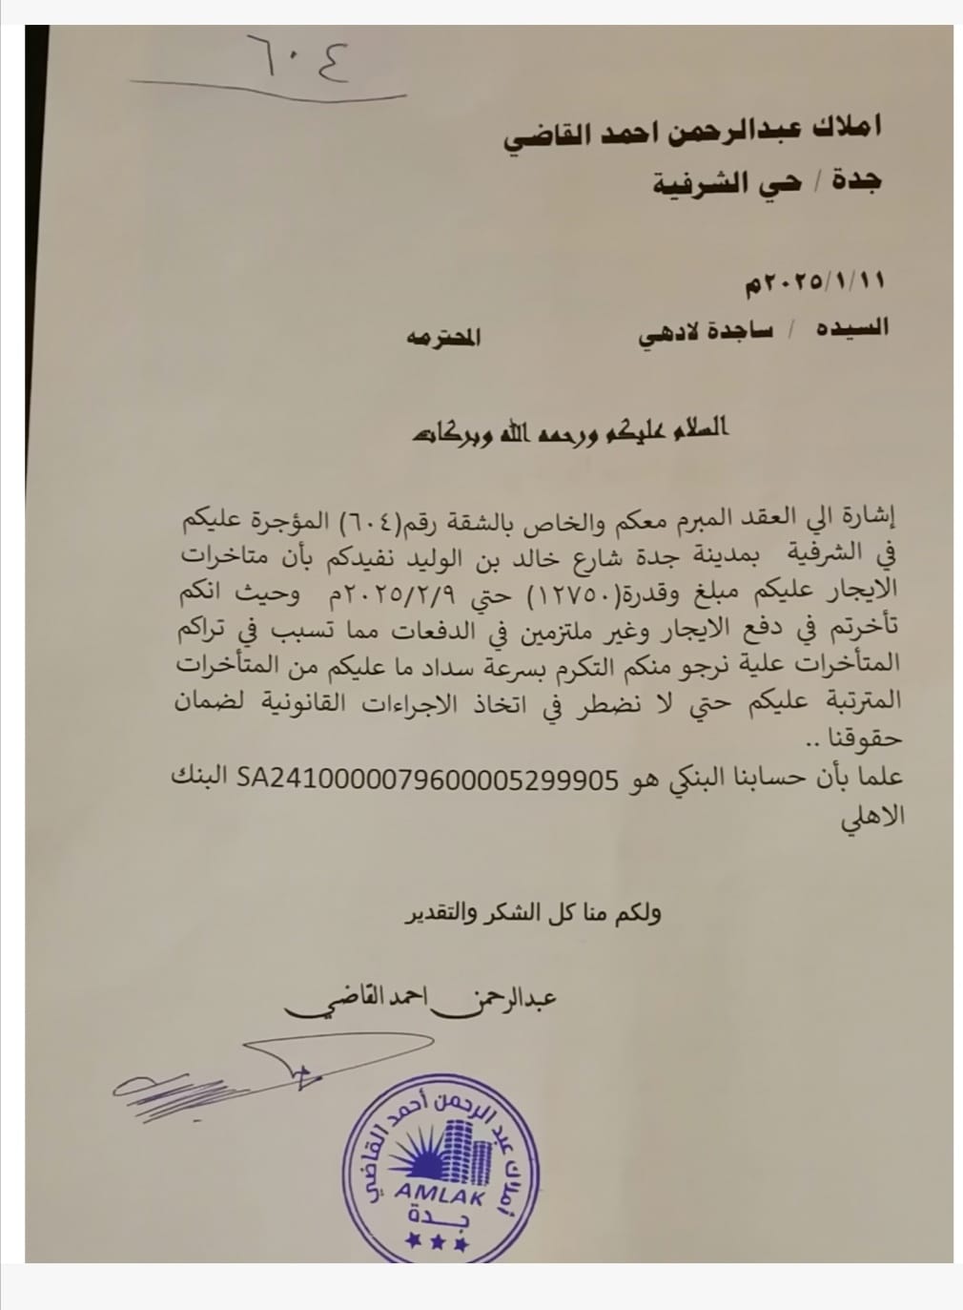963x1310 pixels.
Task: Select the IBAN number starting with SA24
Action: pyautogui.click(x=427, y=777)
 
